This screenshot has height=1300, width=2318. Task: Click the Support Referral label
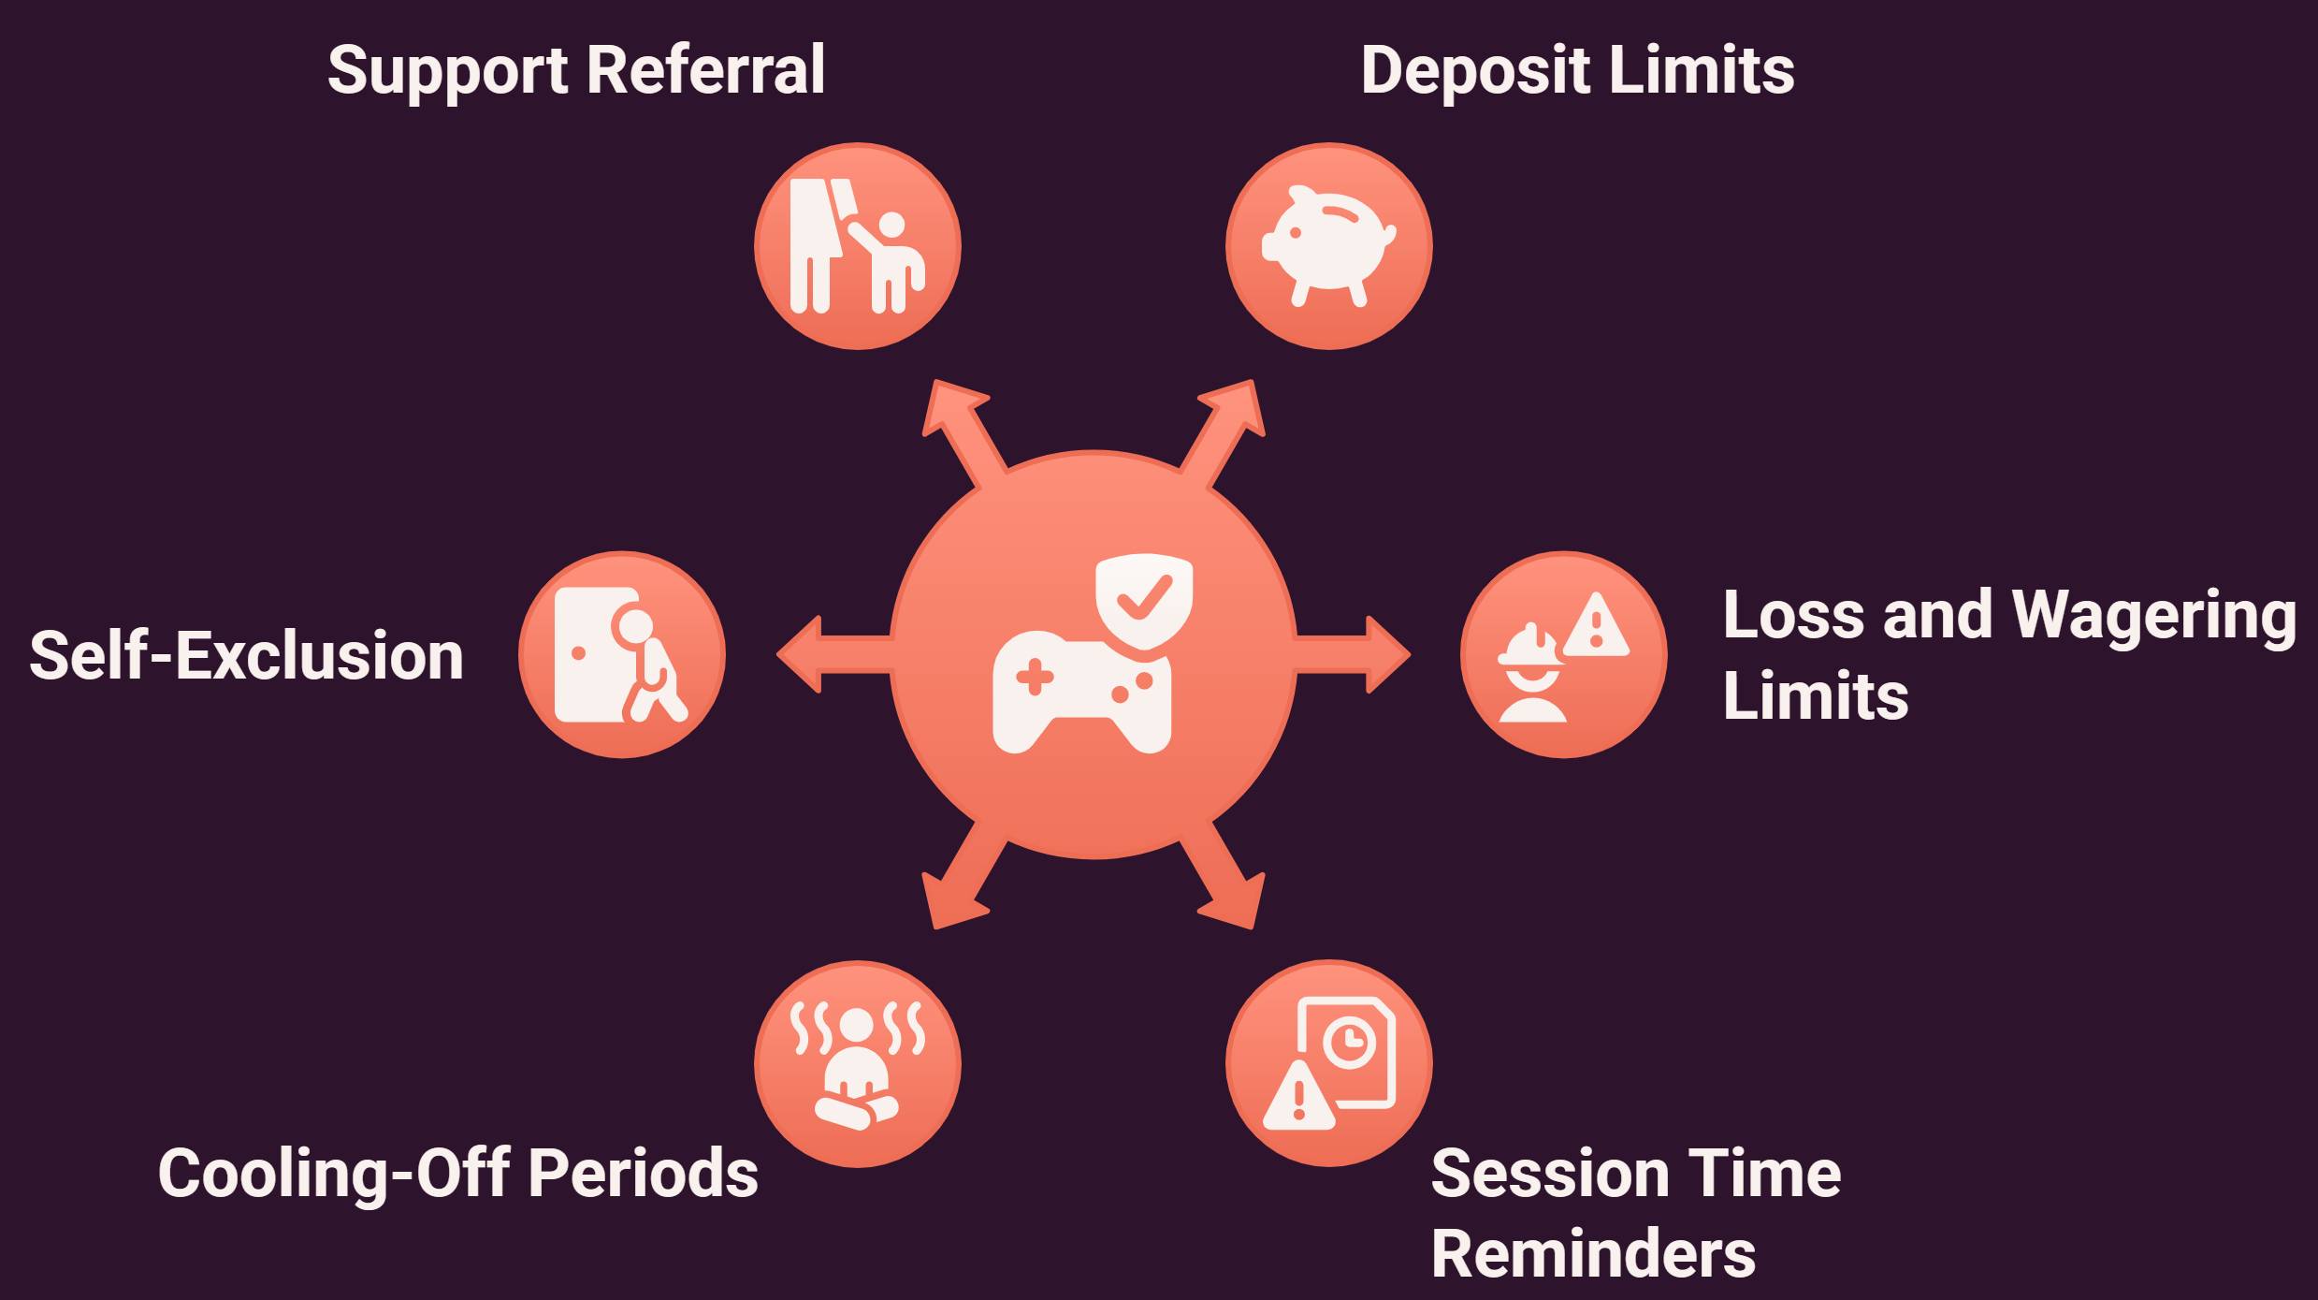pyautogui.click(x=576, y=71)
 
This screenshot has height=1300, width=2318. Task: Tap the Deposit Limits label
pyautogui.click(x=1577, y=71)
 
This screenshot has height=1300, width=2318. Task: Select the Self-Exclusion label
pyautogui.click(x=247, y=654)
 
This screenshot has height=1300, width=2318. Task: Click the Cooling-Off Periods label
pyautogui.click(x=458, y=1173)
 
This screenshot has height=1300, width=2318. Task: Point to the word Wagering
pyautogui.click(x=2153, y=617)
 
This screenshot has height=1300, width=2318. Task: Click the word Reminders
pyautogui.click(x=1593, y=1253)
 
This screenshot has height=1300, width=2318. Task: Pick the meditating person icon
pyautogui.click(x=857, y=1064)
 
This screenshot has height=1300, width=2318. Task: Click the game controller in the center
pyautogui.click(x=1081, y=692)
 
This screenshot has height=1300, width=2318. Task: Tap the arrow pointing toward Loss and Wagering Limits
pyautogui.click(x=1353, y=654)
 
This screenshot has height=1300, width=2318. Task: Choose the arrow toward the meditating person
pyautogui.click(x=963, y=876)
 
